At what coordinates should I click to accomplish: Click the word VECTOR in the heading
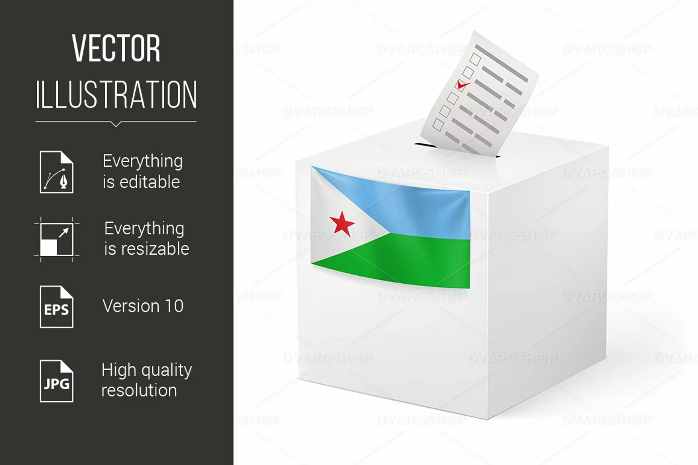(x=116, y=48)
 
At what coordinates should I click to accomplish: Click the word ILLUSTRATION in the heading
(x=116, y=94)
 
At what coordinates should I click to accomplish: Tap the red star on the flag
(x=342, y=223)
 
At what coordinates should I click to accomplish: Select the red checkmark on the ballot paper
(x=463, y=85)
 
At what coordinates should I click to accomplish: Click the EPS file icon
(x=57, y=307)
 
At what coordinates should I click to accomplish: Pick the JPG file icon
(x=57, y=381)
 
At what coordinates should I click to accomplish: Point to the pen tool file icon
(x=57, y=172)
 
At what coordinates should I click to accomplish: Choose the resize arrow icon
(x=57, y=239)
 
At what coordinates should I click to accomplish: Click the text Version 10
(x=143, y=306)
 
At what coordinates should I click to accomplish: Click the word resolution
(x=139, y=390)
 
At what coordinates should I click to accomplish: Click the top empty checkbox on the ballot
(x=476, y=59)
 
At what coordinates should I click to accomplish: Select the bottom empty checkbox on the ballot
(x=438, y=125)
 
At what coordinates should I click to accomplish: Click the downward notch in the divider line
(x=116, y=124)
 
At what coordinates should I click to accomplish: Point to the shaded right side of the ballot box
(x=547, y=280)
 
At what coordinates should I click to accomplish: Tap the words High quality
(x=147, y=371)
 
